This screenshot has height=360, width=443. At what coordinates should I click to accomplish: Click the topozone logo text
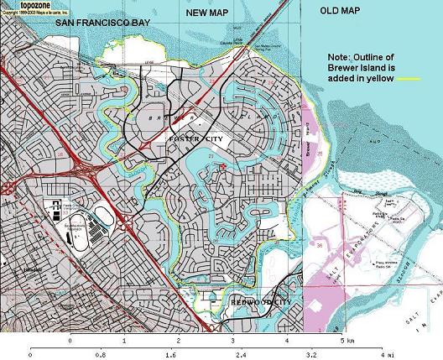20,4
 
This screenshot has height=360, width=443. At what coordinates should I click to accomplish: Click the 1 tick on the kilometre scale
124,342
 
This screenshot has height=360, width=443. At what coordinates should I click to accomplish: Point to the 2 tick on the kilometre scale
179,342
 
